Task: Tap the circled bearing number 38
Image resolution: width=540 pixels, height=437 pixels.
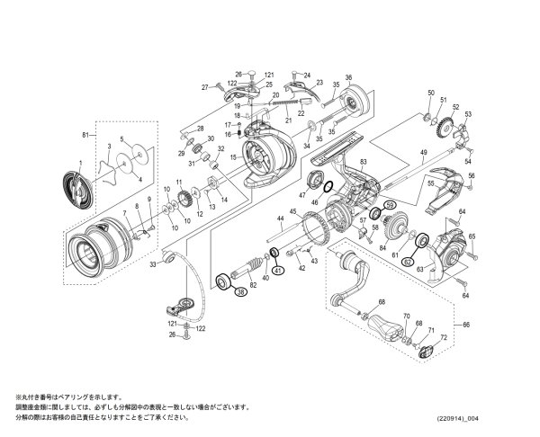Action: coord(240,291)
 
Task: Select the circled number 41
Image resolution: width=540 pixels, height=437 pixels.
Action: coord(278,272)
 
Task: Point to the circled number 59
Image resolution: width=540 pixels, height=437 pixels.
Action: coord(391,206)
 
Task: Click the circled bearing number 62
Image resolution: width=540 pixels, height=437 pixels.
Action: coord(407,262)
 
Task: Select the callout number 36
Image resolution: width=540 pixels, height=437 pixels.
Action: coord(348,77)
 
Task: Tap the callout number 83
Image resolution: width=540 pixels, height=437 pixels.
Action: coord(364,162)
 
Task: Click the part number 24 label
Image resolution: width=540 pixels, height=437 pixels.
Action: coord(306,75)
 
